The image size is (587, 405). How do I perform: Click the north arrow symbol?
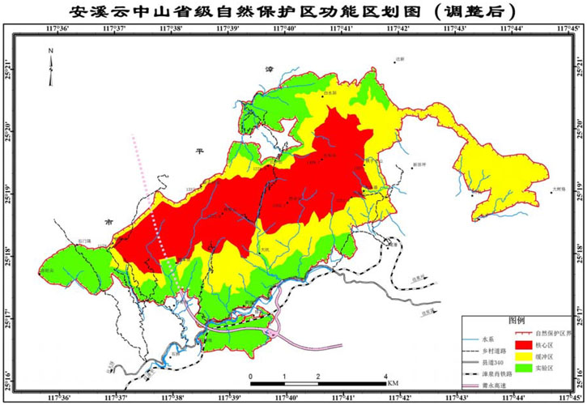click(x=50, y=68)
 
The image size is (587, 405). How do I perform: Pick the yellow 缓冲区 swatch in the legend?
click(x=527, y=356)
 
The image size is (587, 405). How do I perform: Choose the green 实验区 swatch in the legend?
click(x=527, y=368)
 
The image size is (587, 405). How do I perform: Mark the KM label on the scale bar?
click(x=393, y=382)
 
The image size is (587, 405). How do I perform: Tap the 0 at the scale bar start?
click(x=251, y=376)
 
